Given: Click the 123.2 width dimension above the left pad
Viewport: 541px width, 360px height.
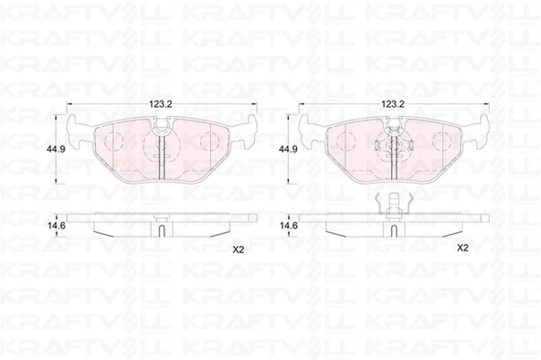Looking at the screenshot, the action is click(x=161, y=103).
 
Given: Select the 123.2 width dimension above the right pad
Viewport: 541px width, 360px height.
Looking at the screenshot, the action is click(x=392, y=103).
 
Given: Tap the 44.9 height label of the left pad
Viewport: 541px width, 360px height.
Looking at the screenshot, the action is click(x=55, y=149).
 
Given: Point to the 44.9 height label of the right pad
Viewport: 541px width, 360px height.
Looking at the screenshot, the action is click(x=287, y=149).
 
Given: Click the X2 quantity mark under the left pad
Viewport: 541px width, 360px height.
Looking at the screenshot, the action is click(x=239, y=250).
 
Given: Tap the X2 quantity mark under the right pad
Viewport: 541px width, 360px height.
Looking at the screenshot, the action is click(x=462, y=248).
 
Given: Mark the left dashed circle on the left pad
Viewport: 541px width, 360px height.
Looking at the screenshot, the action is click(x=113, y=141).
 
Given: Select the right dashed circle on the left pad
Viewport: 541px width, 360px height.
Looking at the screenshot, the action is click(x=210, y=141).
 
